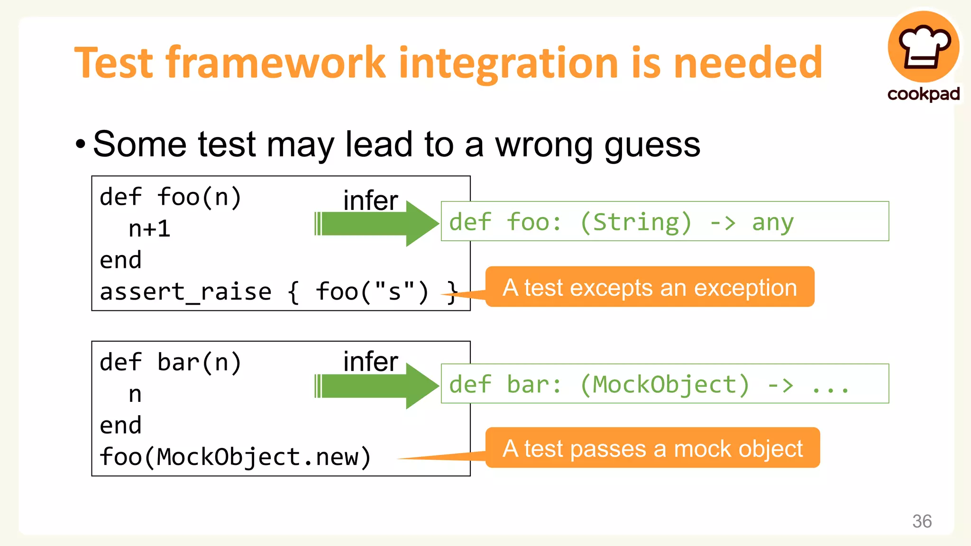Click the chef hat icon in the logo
924,47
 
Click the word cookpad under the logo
924,94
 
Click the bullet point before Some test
81,144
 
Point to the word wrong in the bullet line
543,145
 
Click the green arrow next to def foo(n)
376,224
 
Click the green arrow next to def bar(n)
376,386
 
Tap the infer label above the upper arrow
370,200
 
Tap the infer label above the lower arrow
370,362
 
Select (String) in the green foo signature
635,222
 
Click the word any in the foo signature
772,222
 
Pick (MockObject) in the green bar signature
664,384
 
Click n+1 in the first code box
149,229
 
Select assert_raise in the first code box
185,291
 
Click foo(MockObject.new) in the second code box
235,457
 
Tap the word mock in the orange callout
703,448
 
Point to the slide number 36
922,521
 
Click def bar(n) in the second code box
171,363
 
